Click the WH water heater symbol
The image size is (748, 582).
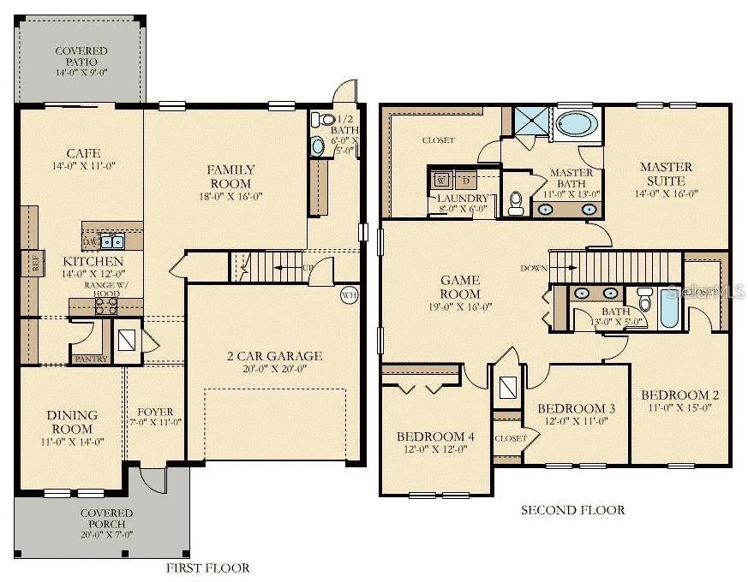point(349,295)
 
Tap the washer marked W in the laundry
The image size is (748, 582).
point(441,181)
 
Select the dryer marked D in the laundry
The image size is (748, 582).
point(465,181)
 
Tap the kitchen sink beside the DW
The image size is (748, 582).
point(113,241)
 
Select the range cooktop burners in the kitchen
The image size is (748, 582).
point(106,306)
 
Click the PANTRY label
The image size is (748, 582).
point(92,359)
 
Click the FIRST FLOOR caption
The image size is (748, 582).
point(208,567)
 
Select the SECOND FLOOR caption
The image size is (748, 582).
point(573,510)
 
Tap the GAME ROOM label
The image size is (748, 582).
point(460,287)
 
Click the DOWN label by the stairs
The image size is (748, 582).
point(533,268)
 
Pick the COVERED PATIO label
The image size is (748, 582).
point(81,56)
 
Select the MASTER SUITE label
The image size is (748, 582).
point(666,174)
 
